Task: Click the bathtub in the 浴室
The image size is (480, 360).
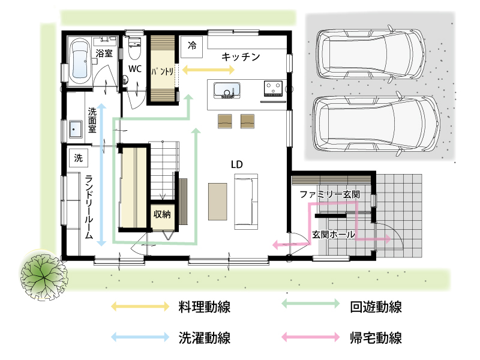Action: click(x=80, y=62)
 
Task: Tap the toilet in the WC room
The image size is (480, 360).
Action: click(x=134, y=48)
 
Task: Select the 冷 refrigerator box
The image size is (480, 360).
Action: click(x=191, y=47)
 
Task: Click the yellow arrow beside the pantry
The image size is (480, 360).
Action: click(x=208, y=70)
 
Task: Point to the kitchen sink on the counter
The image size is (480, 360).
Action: click(x=227, y=90)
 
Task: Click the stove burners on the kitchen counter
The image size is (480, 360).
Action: click(x=274, y=88)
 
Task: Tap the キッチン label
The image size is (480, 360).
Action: click(x=241, y=56)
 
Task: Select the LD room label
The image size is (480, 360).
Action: click(x=236, y=164)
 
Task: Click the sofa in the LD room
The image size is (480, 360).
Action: click(x=246, y=202)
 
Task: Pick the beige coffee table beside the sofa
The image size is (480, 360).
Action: click(x=218, y=202)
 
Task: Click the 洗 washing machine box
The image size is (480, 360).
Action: click(x=78, y=158)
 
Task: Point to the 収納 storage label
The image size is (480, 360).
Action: click(x=162, y=214)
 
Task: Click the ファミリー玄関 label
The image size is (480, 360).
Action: click(x=329, y=194)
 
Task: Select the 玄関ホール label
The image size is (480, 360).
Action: click(x=334, y=235)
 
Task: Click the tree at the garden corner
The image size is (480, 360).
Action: click(x=44, y=275)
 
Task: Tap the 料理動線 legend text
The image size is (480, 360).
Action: click(x=205, y=307)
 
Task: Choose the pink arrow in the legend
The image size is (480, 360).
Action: click(x=310, y=337)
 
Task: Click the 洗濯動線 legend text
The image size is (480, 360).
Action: click(x=205, y=338)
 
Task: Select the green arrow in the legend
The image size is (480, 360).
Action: click(x=310, y=304)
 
